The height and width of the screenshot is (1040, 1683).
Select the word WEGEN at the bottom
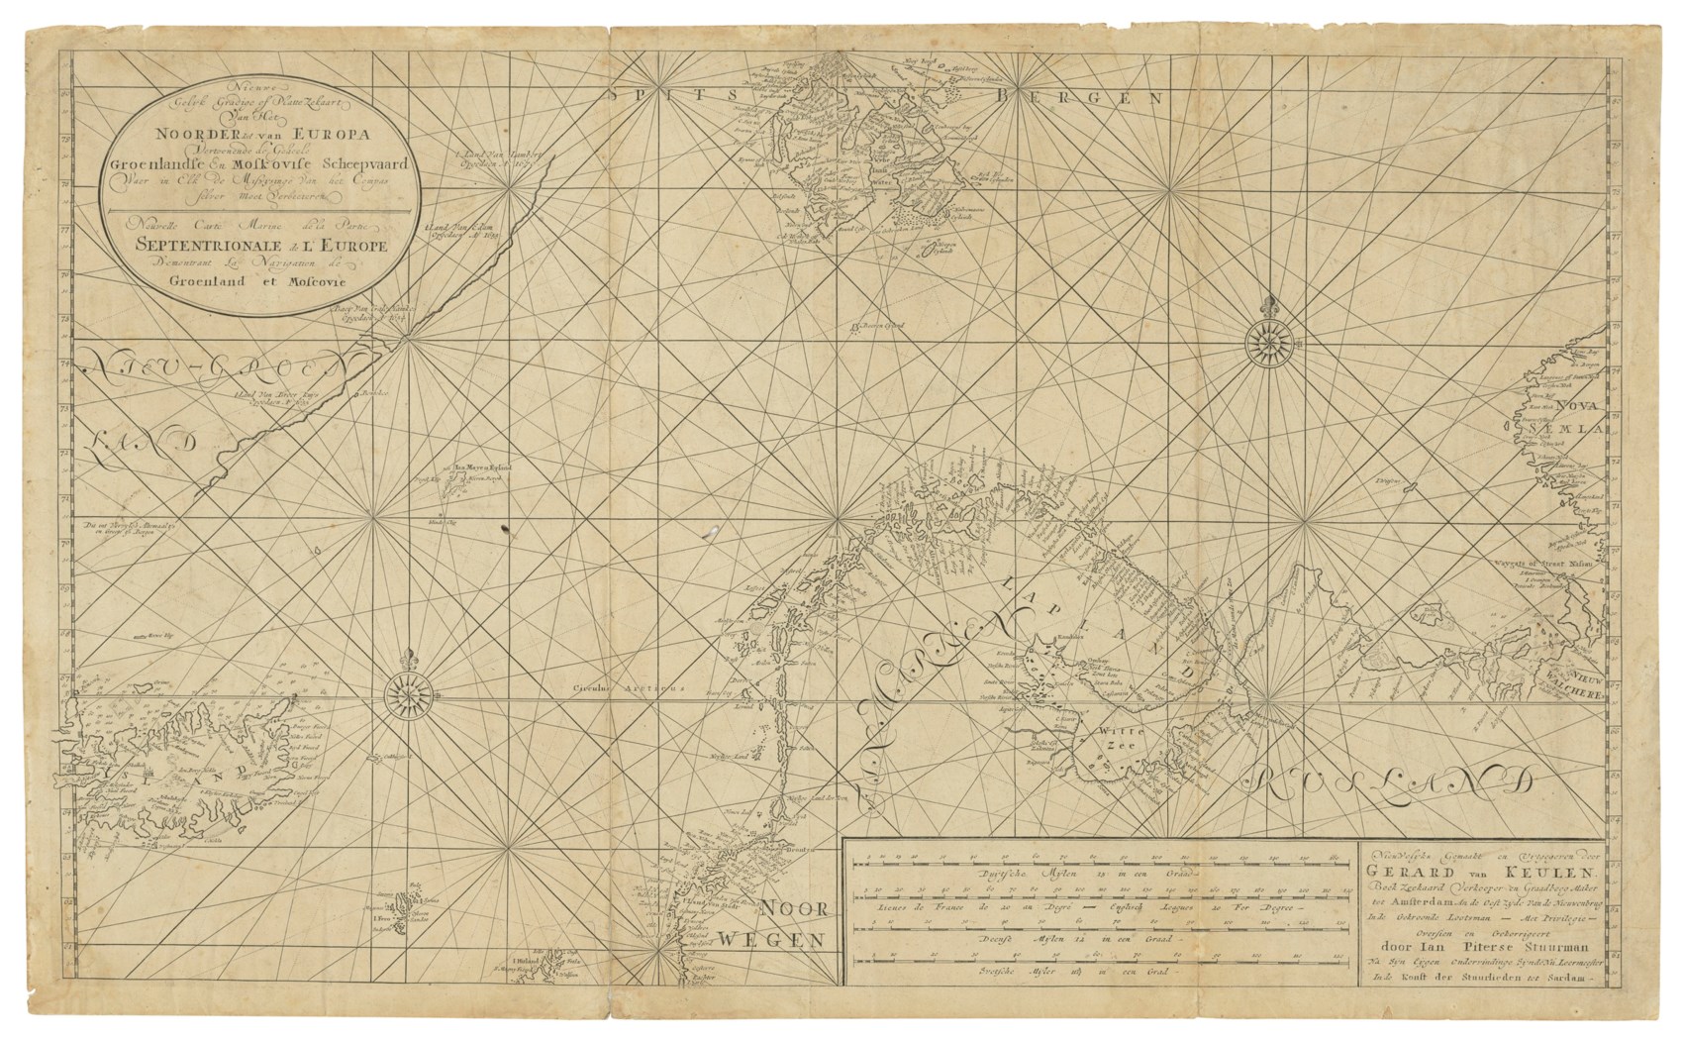[x=772, y=939]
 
